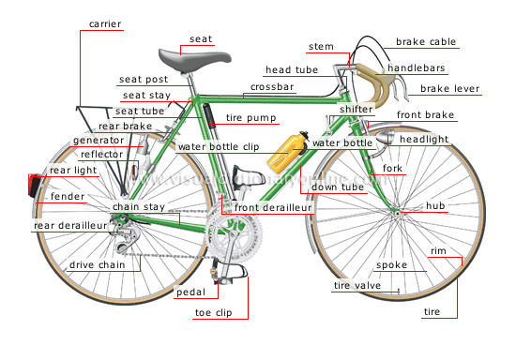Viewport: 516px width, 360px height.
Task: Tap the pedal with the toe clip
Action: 231,273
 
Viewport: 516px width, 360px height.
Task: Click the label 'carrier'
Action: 105,22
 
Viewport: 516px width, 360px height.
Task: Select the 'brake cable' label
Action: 426,42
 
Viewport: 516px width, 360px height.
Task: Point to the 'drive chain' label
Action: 98,265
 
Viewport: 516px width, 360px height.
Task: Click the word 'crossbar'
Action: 272,86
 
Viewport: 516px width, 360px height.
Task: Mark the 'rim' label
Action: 438,251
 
